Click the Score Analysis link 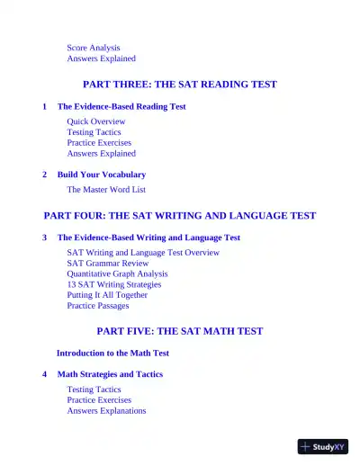(94, 48)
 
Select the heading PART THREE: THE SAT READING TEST (180, 85)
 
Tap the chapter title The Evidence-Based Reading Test (121, 106)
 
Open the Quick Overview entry (96, 121)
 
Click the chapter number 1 (45, 106)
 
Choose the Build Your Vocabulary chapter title (102, 175)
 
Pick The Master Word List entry (106, 190)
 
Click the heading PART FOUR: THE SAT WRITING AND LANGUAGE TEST (180, 216)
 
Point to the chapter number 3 (45, 237)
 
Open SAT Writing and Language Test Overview (143, 253)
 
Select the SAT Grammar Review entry (108, 264)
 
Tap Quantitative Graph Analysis (117, 273)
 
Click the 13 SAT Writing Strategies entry (114, 284)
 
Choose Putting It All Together (107, 295)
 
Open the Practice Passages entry (98, 306)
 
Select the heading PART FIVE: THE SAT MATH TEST (180, 331)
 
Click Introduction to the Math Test (112, 354)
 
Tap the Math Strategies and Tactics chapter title (110, 374)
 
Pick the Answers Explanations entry (106, 411)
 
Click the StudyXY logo (323, 446)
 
